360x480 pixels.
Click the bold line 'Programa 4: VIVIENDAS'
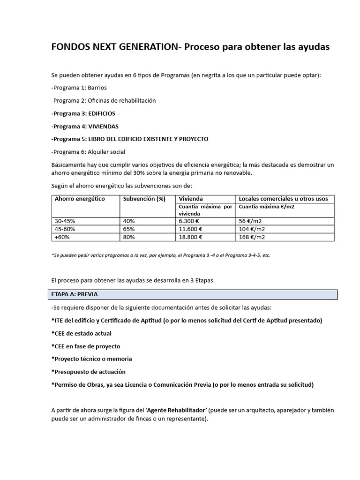(85, 127)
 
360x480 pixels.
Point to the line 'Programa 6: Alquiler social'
(89, 152)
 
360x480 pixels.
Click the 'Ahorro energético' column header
(80, 199)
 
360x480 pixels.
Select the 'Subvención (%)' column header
(144, 199)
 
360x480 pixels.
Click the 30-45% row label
(65, 221)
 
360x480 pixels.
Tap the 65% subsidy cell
(129, 229)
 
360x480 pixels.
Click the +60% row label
(62, 237)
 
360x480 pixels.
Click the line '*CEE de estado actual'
(81, 333)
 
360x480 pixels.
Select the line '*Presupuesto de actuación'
(89, 372)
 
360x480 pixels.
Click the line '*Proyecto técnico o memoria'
(91, 359)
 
